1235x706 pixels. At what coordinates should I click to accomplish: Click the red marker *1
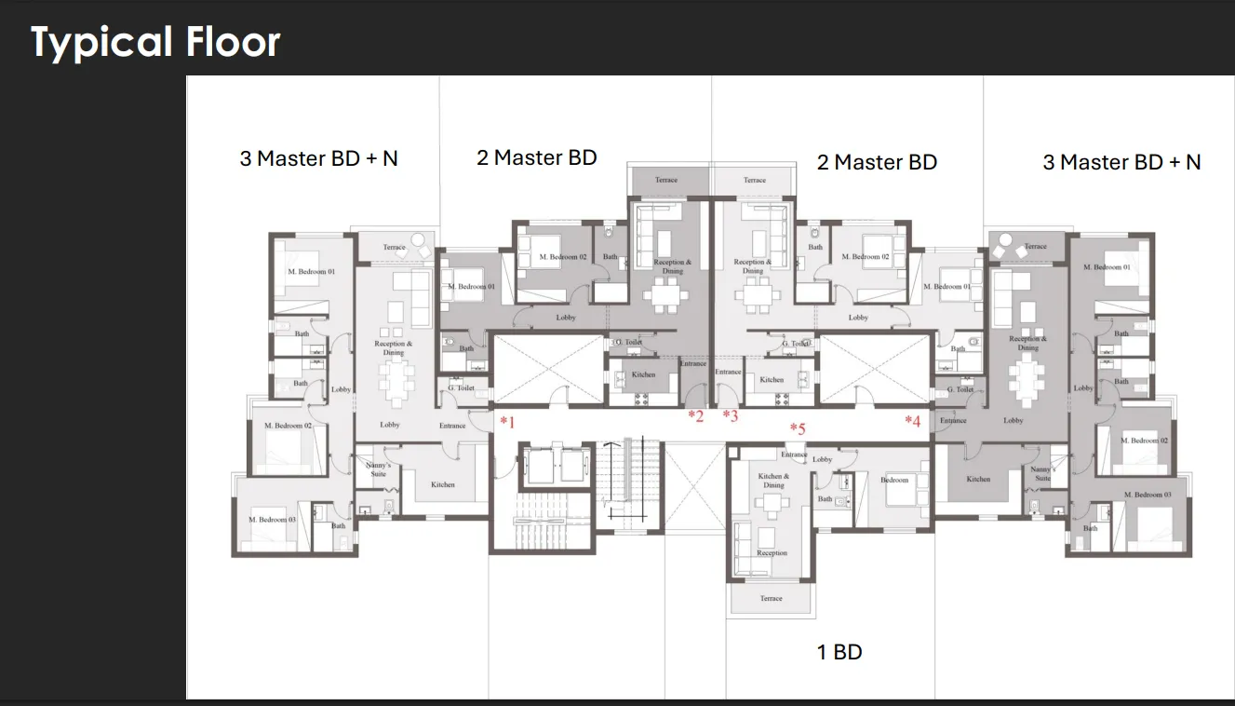click(x=507, y=422)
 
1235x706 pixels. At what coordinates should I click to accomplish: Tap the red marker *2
click(x=695, y=415)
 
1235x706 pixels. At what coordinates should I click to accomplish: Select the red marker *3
click(x=731, y=415)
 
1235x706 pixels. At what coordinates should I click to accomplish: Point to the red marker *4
click(x=912, y=421)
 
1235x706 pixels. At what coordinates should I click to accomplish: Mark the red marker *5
click(x=798, y=428)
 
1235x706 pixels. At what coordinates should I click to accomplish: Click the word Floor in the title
click(x=234, y=43)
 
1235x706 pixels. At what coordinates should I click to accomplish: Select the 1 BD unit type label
click(x=839, y=652)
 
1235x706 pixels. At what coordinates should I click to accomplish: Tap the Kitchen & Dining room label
click(x=773, y=481)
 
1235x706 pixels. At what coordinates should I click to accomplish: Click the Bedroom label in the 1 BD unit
click(x=894, y=480)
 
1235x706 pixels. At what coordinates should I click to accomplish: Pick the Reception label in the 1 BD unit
click(x=772, y=553)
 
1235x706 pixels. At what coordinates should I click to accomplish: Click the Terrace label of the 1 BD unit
click(x=771, y=598)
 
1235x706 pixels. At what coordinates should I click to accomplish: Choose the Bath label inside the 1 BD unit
click(x=825, y=499)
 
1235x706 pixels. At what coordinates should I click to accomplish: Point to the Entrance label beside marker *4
click(x=953, y=421)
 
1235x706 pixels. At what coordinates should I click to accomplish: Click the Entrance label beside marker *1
click(x=452, y=426)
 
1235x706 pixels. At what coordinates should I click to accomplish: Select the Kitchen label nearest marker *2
click(x=643, y=374)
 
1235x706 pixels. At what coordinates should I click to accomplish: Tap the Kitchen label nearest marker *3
click(x=772, y=380)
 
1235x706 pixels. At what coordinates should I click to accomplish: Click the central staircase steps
click(x=628, y=484)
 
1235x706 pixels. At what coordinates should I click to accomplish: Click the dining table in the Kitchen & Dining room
click(x=772, y=504)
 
